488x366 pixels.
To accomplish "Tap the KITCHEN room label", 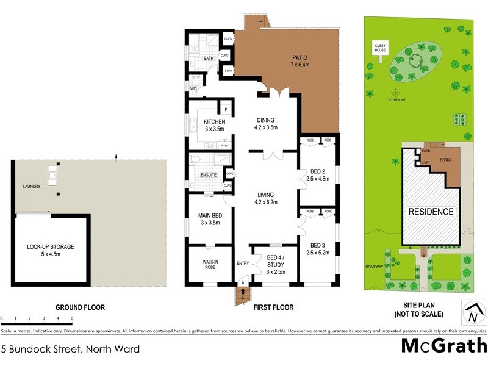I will coord(214,124).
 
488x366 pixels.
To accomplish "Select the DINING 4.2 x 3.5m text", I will coord(266,124).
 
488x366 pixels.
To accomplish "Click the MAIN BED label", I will coord(209,219).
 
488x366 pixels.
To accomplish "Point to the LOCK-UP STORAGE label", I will coord(51,250).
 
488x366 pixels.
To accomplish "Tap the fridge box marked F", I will coord(226,109).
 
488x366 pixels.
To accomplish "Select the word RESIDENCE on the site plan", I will coord(431,212).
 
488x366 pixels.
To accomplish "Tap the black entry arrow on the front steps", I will coord(244,292).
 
